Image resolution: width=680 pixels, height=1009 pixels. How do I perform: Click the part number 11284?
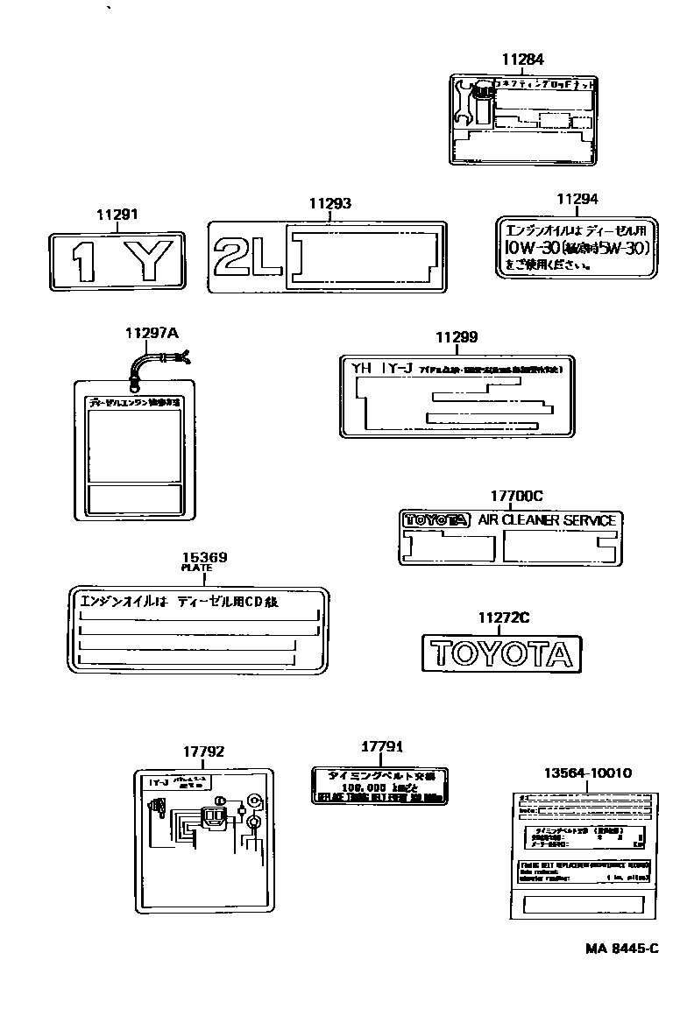[523, 60]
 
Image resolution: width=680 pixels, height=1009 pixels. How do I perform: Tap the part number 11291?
[117, 214]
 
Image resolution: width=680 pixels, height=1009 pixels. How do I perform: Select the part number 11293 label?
[329, 204]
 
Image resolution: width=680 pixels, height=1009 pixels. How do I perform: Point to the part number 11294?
[577, 200]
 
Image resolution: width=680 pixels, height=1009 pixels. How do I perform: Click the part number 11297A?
[151, 333]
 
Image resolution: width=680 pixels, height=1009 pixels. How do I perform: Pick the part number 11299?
[457, 337]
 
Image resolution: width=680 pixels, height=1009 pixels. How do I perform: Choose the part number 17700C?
[510, 496]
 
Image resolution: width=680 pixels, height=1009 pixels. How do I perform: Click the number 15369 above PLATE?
[204, 556]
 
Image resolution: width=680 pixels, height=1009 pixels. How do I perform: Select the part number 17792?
[203, 751]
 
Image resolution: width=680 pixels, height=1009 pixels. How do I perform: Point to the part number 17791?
[381, 746]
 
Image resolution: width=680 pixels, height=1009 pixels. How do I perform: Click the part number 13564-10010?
[587, 773]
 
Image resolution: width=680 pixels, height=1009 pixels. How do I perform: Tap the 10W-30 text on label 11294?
[532, 249]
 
